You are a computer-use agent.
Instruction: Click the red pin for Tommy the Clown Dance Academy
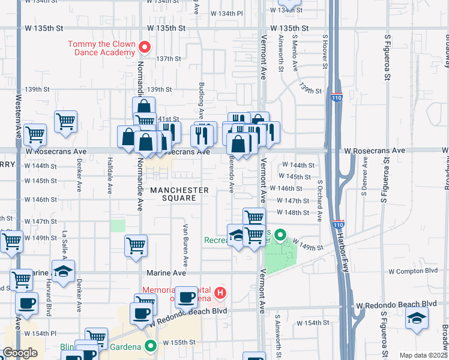(x=144, y=46)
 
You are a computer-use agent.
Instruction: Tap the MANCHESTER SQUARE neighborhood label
(x=179, y=194)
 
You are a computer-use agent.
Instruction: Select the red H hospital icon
(x=220, y=293)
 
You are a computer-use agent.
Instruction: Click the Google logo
(x=20, y=353)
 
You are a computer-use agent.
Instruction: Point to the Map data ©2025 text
(x=423, y=355)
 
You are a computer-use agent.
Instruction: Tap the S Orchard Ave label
(x=320, y=200)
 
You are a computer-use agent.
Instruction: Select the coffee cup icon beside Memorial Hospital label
(x=186, y=296)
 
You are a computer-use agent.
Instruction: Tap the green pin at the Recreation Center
(x=280, y=235)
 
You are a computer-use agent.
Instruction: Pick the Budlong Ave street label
(x=202, y=99)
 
